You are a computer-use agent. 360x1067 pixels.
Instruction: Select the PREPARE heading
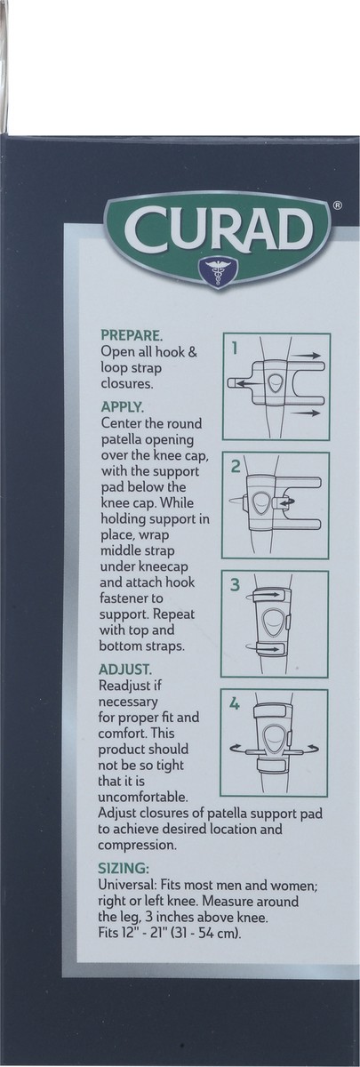tap(132, 336)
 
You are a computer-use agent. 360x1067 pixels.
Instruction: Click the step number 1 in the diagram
tap(235, 349)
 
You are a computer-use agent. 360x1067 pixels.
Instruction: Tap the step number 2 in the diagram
tap(236, 468)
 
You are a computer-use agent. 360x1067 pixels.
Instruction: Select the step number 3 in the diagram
tap(236, 586)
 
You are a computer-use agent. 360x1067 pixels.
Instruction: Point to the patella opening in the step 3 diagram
tap(276, 622)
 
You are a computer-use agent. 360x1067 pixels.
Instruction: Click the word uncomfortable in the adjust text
tap(146, 798)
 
